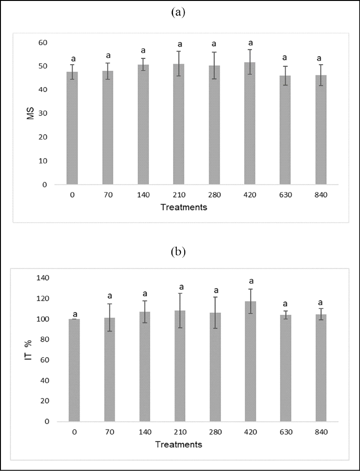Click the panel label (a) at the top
pyautogui.click(x=178, y=13)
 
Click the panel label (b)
pyautogui.click(x=178, y=252)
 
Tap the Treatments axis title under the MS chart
pyautogui.click(x=184, y=207)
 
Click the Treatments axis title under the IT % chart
pyautogui.click(x=179, y=444)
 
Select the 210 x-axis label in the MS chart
pyautogui.click(x=179, y=195)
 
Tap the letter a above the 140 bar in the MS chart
pyautogui.click(x=143, y=50)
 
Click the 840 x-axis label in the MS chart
pyautogui.click(x=320, y=195)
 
